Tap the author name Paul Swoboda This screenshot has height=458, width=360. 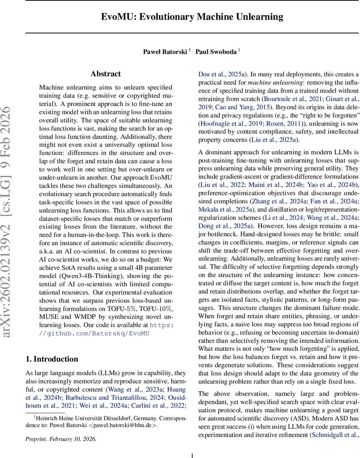point(216,52)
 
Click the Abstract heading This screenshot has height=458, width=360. point(106,74)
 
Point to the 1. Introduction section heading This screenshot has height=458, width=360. point(52,359)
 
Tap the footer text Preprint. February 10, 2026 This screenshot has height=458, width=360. point(61,439)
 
